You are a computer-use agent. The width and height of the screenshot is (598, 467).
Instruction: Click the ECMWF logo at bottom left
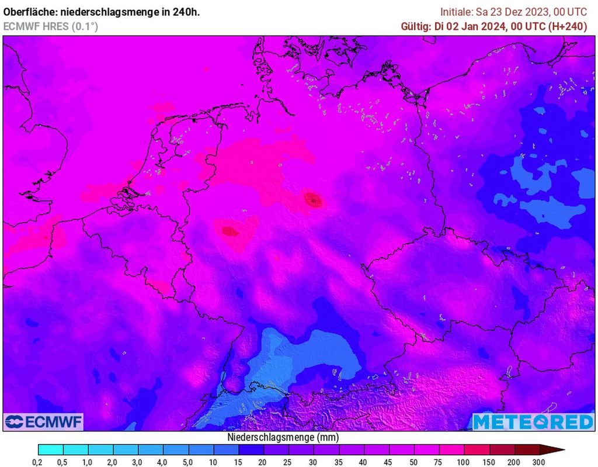44,421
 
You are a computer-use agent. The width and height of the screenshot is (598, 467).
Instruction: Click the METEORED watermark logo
533,421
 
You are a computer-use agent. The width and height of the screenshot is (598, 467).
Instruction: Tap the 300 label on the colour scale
538,462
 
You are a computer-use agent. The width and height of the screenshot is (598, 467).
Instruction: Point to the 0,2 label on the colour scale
37,462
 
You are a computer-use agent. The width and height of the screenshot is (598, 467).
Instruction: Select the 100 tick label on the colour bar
463,462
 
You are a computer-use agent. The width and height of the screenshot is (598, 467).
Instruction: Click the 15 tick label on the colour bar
238,462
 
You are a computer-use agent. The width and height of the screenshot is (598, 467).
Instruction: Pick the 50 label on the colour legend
412,462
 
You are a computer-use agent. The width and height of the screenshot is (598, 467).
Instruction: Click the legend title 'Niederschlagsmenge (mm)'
282,437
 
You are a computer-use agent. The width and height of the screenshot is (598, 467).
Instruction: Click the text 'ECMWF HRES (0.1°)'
50,26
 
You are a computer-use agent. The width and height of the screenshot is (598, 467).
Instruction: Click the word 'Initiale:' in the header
457,12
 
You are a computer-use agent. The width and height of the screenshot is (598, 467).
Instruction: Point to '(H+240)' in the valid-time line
567,26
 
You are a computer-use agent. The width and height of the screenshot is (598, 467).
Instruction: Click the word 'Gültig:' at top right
416,26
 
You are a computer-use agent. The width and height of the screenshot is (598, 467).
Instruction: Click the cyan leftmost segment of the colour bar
50,449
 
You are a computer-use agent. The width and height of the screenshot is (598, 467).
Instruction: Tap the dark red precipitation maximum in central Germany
314,200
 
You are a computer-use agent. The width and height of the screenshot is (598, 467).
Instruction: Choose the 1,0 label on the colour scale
88,462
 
